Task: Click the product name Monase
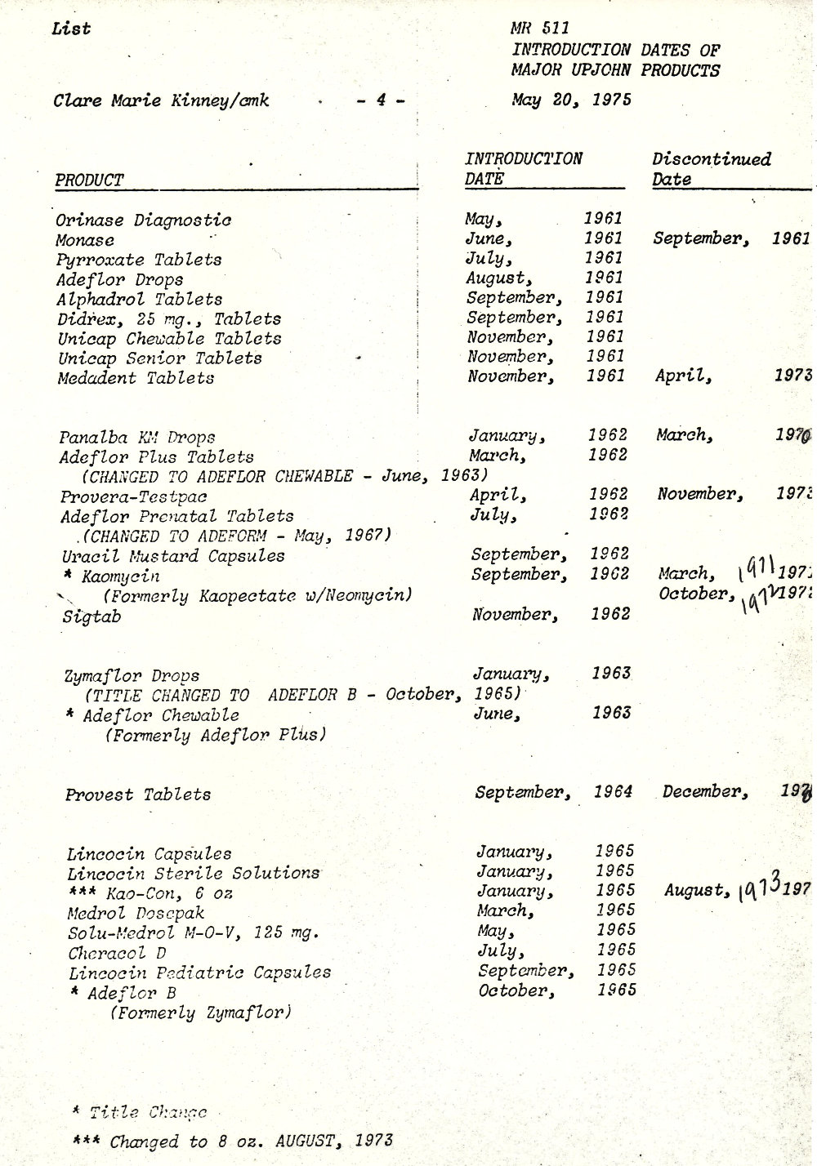point(85,240)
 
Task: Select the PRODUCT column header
point(89,180)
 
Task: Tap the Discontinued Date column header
point(711,169)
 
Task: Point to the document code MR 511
point(535,29)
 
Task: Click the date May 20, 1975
point(572,100)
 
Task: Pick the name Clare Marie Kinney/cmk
point(161,101)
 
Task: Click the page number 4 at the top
point(380,101)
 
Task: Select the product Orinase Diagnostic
point(143,220)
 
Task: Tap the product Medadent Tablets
point(136,378)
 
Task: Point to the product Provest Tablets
point(138,794)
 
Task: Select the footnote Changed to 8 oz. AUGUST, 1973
point(251,1141)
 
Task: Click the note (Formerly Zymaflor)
point(200,1013)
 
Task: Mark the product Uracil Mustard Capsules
point(173,556)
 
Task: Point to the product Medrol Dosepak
point(136,913)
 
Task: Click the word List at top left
point(70,29)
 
